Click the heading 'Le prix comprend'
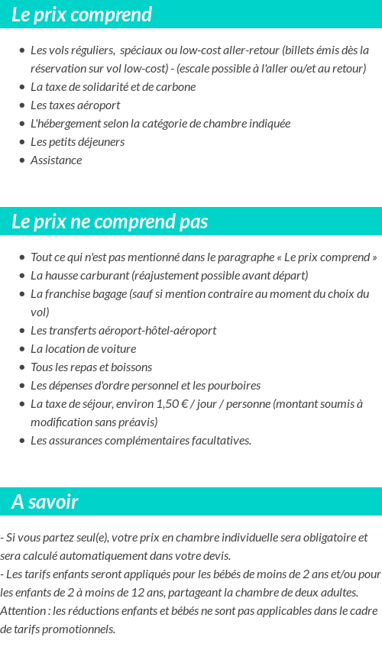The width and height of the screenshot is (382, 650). pyautogui.click(x=82, y=15)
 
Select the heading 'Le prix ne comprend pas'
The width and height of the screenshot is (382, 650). pyautogui.click(x=110, y=222)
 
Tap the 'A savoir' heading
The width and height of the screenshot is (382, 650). pyautogui.click(x=45, y=502)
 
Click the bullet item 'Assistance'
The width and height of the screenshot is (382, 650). pyautogui.click(x=56, y=160)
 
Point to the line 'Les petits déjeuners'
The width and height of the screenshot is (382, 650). pyautogui.click(x=77, y=141)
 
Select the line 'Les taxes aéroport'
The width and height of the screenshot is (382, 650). pyautogui.click(x=75, y=105)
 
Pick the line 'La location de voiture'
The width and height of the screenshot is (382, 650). pyautogui.click(x=83, y=348)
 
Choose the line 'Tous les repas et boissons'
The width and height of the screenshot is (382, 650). pyautogui.click(x=91, y=367)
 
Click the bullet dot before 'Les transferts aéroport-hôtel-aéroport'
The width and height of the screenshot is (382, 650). pyautogui.click(x=22, y=331)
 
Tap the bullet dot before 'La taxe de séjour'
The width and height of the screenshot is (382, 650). pyautogui.click(x=22, y=404)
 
